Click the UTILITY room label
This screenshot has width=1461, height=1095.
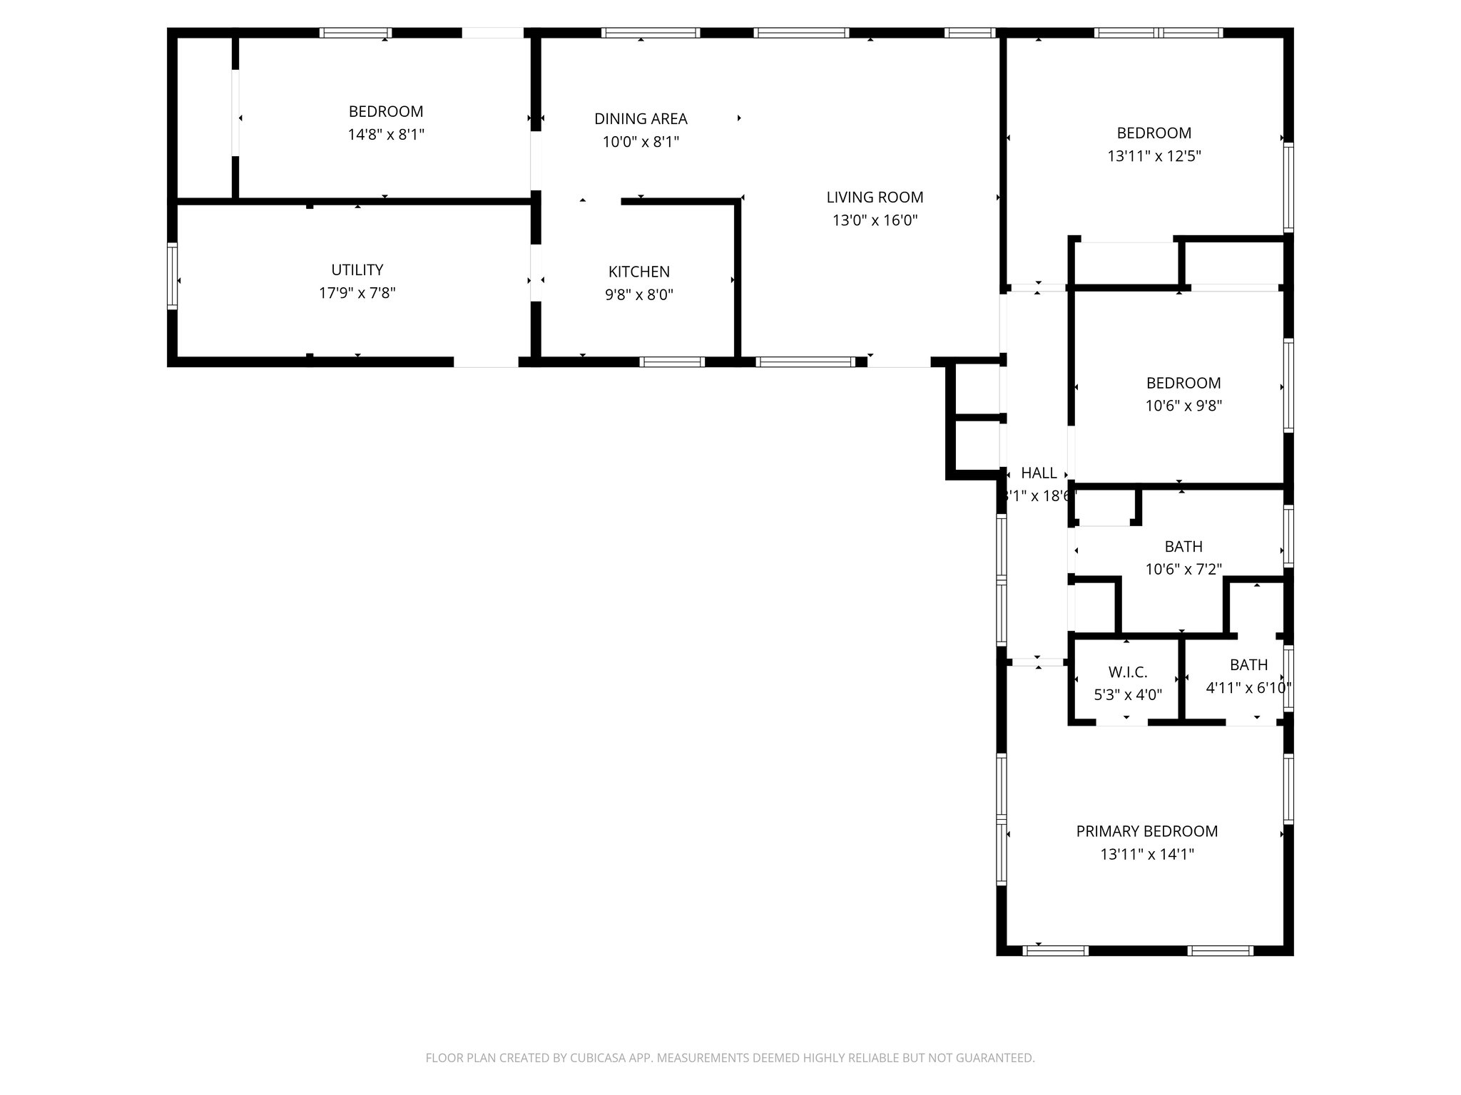(x=357, y=270)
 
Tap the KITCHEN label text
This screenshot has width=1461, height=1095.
(x=638, y=272)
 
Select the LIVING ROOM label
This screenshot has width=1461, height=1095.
(x=875, y=197)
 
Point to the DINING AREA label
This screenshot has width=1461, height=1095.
(x=641, y=119)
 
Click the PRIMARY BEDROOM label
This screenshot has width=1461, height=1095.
(x=1146, y=831)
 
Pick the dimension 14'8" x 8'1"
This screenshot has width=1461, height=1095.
(x=386, y=135)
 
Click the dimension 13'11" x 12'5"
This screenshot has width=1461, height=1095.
(x=1154, y=156)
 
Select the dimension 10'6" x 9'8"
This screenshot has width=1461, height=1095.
(x=1183, y=406)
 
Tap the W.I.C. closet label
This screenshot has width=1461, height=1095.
(x=1127, y=672)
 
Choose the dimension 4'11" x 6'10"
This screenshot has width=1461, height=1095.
(x=1248, y=688)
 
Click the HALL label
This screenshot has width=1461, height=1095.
(x=1039, y=473)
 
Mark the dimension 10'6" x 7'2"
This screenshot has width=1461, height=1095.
(x=1183, y=570)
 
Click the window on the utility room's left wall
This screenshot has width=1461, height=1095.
(x=173, y=277)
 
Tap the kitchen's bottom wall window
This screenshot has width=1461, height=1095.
(x=671, y=362)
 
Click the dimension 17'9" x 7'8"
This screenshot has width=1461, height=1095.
(x=357, y=293)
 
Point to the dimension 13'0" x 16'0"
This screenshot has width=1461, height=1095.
(x=875, y=220)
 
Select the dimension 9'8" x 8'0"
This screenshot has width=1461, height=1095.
(x=638, y=294)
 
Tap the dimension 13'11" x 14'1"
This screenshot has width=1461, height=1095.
(x=1146, y=854)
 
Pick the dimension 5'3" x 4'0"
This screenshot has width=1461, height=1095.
(x=1127, y=694)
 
